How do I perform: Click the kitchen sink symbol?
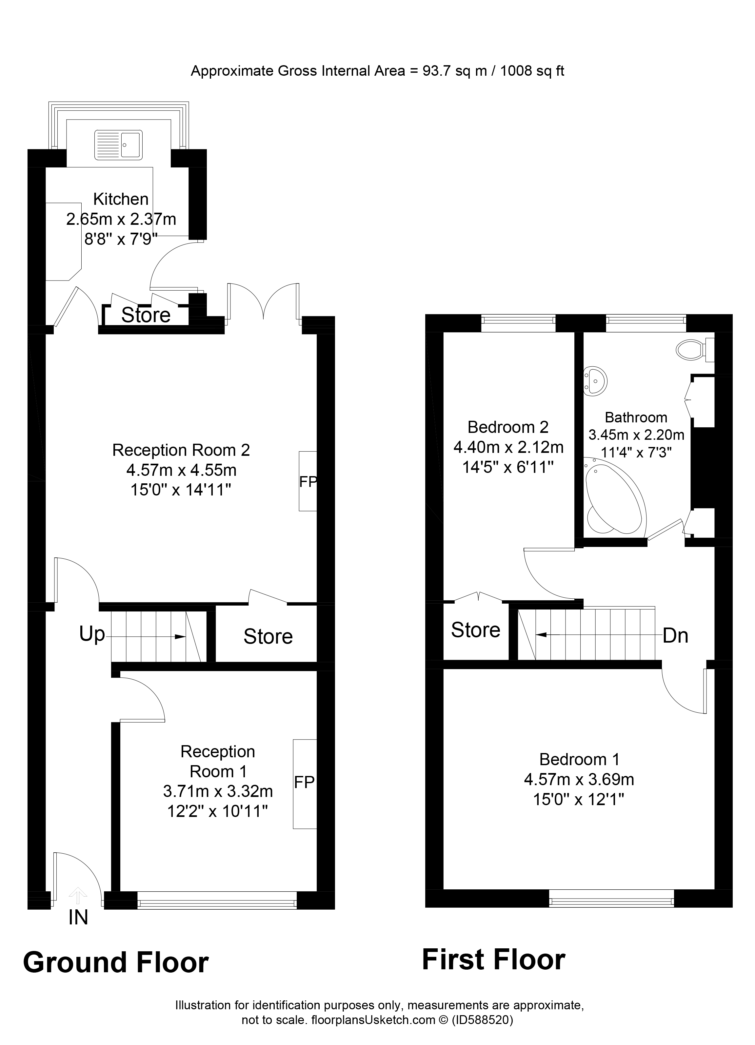point(118,145)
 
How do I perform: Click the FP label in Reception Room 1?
point(304,782)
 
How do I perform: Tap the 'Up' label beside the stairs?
point(92,634)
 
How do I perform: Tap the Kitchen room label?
point(121,199)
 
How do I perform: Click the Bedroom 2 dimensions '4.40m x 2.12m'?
point(508,447)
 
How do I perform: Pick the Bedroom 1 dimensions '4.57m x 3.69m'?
point(579,780)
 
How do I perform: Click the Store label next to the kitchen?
point(146,315)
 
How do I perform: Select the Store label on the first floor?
point(475,630)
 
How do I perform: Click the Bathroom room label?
point(636,417)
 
